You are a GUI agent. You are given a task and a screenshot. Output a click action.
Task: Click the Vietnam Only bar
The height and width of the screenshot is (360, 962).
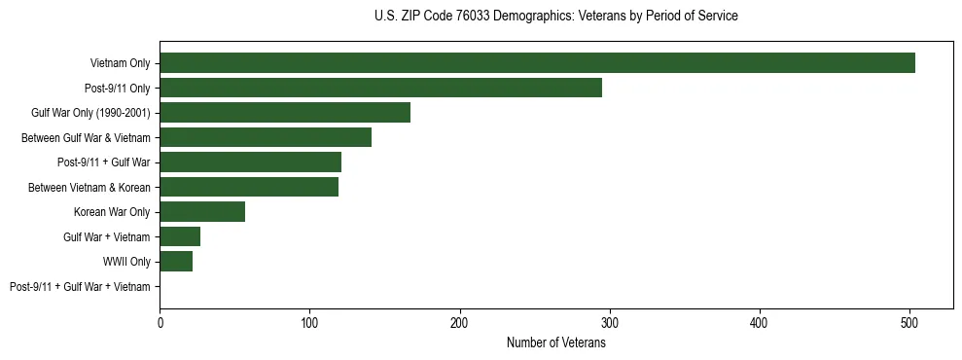click(537, 63)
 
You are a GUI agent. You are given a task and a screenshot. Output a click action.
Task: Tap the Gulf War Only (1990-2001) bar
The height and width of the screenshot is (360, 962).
click(285, 113)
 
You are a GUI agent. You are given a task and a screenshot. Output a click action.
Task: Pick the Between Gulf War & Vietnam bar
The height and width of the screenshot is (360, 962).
click(266, 137)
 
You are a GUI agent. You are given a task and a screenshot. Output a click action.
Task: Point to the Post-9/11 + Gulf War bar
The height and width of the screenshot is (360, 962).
click(250, 162)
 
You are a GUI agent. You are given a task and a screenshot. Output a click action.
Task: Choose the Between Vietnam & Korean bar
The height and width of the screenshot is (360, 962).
click(249, 187)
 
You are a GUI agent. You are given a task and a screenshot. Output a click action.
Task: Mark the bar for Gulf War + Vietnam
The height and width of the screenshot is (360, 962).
click(180, 236)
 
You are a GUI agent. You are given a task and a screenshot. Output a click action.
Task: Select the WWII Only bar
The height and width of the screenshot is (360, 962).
click(176, 262)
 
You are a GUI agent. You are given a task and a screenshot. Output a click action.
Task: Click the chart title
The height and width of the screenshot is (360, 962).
click(555, 17)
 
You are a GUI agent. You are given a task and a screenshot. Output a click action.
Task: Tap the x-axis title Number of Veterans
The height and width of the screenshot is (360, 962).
click(555, 342)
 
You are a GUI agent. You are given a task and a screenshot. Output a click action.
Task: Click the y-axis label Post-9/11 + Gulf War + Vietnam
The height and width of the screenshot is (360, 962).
click(80, 287)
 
